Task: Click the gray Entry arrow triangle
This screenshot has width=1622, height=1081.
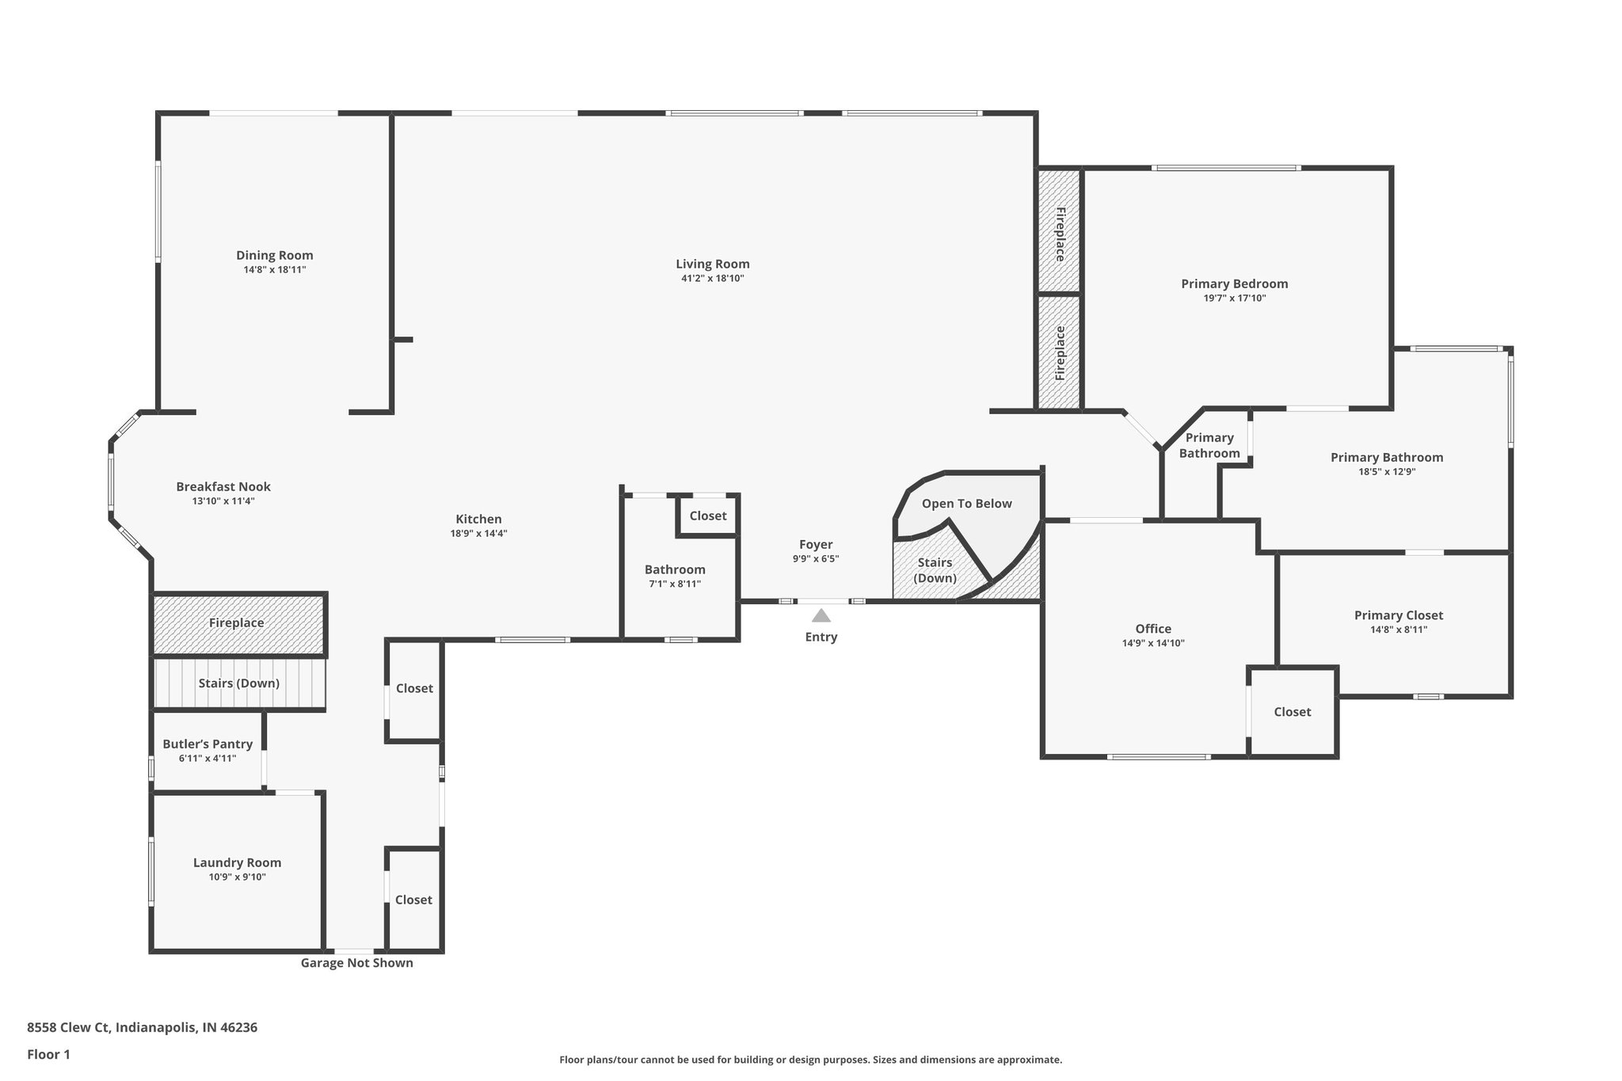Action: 821,615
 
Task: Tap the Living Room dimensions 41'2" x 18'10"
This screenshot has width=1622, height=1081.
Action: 712,279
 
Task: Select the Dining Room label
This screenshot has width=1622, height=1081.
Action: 274,255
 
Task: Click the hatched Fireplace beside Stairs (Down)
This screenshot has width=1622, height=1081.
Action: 237,623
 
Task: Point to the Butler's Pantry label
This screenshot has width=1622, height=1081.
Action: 208,744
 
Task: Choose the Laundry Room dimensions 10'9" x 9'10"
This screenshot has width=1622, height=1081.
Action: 237,877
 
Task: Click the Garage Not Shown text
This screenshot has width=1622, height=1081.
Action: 356,963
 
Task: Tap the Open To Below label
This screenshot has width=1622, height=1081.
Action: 966,504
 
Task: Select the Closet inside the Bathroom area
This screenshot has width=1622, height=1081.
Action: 707,516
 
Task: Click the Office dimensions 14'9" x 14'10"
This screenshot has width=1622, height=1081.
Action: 1152,643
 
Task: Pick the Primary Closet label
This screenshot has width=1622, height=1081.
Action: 1398,615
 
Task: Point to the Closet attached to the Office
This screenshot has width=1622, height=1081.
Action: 1292,712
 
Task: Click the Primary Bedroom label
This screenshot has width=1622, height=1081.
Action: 1234,284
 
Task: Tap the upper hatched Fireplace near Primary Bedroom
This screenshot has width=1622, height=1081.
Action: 1059,234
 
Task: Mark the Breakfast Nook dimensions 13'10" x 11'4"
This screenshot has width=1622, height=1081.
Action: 223,501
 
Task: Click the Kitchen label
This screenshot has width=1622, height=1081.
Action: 478,519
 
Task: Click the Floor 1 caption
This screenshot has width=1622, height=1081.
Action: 48,1054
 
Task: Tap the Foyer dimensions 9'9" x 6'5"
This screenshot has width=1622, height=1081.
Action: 815,558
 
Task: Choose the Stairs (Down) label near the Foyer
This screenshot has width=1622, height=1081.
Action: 935,569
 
